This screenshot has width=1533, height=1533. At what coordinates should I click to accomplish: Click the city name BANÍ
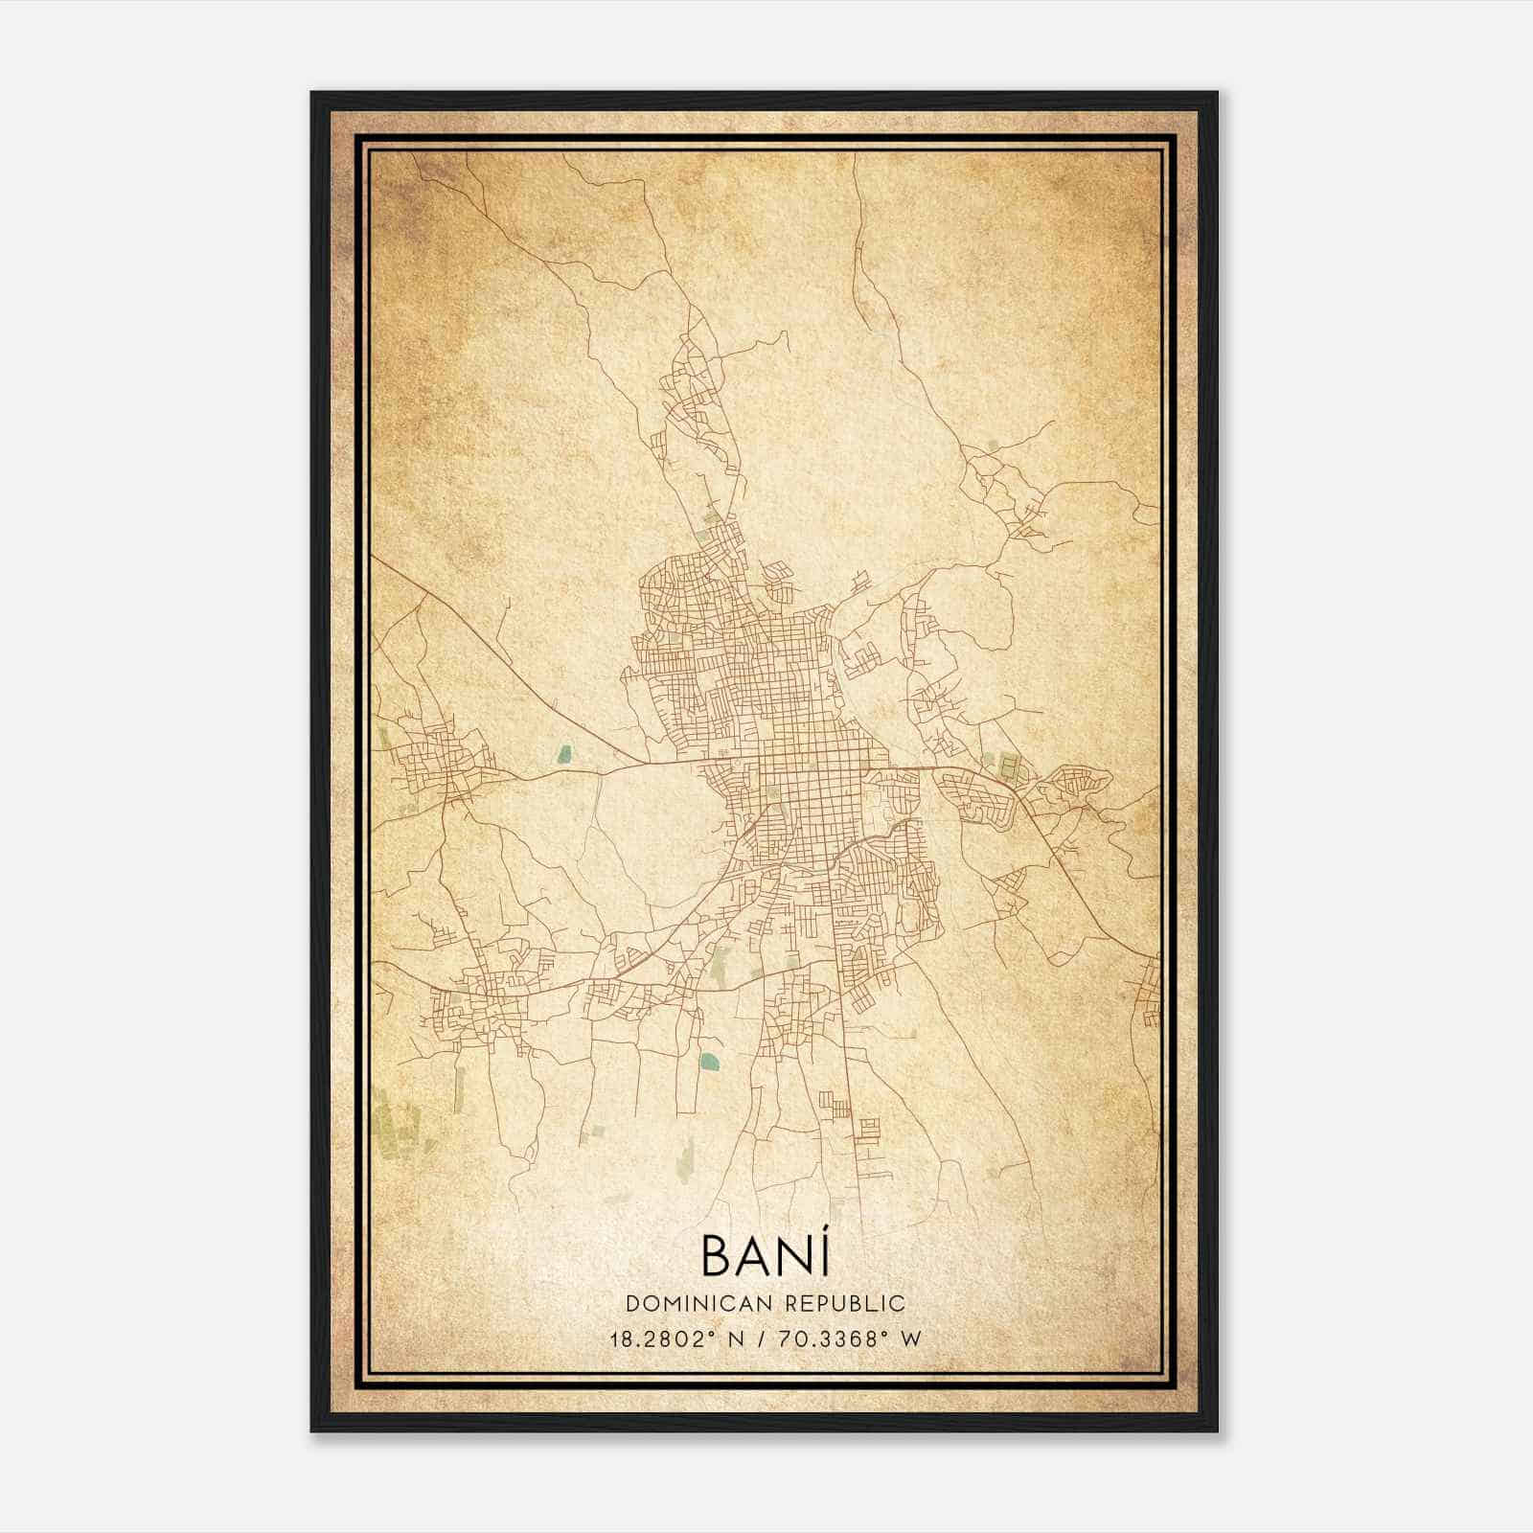(765, 1255)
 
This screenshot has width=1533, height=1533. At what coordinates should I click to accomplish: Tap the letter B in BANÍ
(720, 1256)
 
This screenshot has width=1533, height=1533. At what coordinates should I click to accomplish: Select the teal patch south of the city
(708, 1061)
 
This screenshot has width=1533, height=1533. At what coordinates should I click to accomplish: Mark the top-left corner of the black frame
(312, 93)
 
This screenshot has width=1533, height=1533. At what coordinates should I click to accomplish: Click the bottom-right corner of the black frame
(1217, 1430)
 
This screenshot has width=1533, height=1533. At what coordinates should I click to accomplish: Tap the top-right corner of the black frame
(1217, 93)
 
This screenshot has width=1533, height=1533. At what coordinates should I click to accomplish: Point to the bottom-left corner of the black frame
(312, 1430)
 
